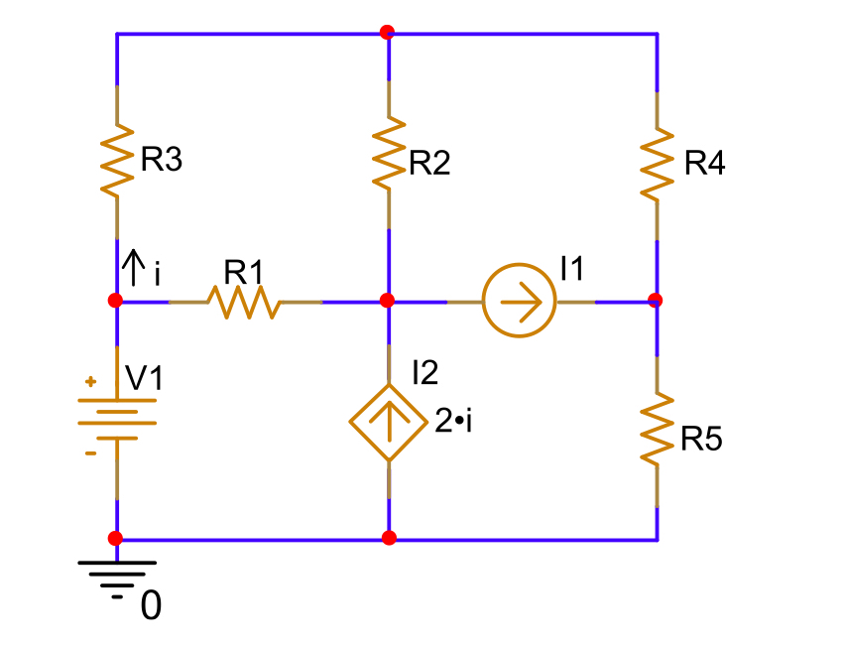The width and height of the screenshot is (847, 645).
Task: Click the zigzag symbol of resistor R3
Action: pyautogui.click(x=117, y=159)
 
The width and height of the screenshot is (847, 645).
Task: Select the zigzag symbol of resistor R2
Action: pyautogui.click(x=388, y=151)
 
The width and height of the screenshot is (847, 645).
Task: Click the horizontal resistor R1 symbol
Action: pyautogui.click(x=243, y=301)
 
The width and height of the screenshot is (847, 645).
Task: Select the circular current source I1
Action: pyautogui.click(x=520, y=301)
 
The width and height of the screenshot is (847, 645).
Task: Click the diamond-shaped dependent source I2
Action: pyautogui.click(x=388, y=423)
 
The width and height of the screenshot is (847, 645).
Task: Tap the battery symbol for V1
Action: pyautogui.click(x=117, y=417)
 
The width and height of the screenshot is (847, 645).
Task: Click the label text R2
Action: pyautogui.click(x=429, y=164)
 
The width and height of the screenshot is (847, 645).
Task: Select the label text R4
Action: pyautogui.click(x=704, y=164)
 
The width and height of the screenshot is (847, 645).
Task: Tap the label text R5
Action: pyautogui.click(x=701, y=440)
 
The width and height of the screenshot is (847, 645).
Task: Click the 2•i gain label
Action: pyautogui.click(x=453, y=422)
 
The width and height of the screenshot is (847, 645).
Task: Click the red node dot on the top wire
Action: pyautogui.click(x=387, y=32)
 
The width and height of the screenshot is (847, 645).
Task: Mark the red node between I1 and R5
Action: pyautogui.click(x=655, y=299)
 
